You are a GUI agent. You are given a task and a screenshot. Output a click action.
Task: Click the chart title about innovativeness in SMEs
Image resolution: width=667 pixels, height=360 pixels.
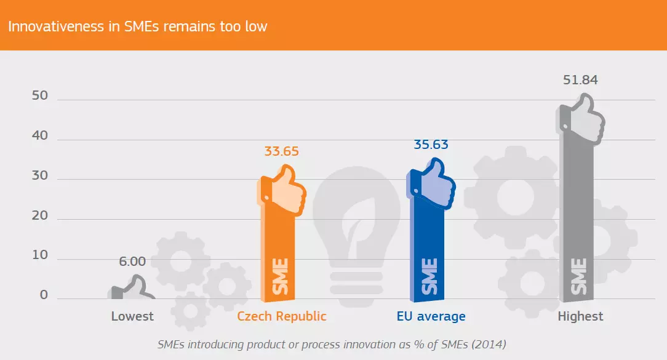pyautogui.click(x=137, y=26)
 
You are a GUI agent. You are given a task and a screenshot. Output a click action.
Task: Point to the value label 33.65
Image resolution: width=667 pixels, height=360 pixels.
pyautogui.click(x=281, y=151)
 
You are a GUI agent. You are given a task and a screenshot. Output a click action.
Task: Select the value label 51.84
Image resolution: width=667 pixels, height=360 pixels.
pyautogui.click(x=580, y=80)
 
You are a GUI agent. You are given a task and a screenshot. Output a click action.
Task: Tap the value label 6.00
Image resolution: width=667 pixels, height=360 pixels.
pyautogui.click(x=132, y=262)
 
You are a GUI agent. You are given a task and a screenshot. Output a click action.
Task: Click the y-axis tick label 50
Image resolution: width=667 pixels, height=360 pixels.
pyautogui.click(x=40, y=96)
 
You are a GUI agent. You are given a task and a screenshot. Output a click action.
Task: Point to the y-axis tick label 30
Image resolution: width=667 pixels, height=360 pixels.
pyautogui.click(x=40, y=176)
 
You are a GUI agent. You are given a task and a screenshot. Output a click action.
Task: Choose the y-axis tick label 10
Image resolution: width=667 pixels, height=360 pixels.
pyautogui.click(x=40, y=256)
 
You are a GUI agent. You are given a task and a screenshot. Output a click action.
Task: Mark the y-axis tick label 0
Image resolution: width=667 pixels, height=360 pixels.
pyautogui.click(x=44, y=295)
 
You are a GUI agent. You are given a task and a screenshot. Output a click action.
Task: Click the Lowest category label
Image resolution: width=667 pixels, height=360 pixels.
pyautogui.click(x=132, y=317)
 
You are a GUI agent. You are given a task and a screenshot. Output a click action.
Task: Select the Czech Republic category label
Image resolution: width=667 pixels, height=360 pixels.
pyautogui.click(x=282, y=317)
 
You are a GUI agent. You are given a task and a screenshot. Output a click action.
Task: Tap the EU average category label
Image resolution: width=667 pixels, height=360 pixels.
pyautogui.click(x=431, y=317)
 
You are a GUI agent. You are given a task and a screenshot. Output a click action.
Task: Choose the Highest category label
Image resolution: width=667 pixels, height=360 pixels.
pyautogui.click(x=580, y=317)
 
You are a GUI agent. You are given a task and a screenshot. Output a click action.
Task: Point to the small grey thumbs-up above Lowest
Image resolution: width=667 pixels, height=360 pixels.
pyautogui.click(x=132, y=288)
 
